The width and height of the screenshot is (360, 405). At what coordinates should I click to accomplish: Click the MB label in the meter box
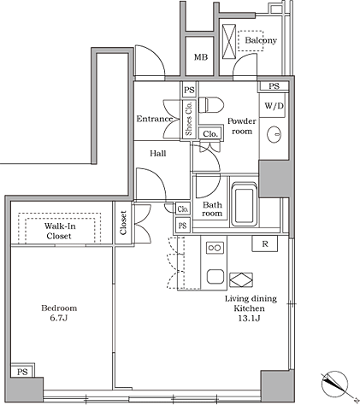[x=201, y=57]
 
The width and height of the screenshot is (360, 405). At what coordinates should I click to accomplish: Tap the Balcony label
[x=261, y=40]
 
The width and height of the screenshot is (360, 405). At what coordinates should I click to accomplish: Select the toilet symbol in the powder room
[x=211, y=105]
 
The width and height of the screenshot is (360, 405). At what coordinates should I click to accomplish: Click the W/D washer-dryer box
[x=273, y=106]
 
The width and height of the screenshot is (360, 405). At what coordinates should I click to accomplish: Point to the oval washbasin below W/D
[x=274, y=134]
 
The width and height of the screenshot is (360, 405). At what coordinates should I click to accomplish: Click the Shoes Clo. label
[x=189, y=119]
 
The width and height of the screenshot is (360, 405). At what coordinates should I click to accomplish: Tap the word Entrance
[x=155, y=119]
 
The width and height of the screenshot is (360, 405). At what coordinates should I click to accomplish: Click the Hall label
[x=158, y=154]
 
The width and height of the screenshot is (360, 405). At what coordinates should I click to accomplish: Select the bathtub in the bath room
[x=244, y=204]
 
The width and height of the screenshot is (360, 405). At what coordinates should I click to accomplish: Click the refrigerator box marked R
[x=265, y=244]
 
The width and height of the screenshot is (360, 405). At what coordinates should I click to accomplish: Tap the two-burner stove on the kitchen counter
[x=215, y=248]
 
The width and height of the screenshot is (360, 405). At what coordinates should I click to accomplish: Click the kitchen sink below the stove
[x=215, y=276]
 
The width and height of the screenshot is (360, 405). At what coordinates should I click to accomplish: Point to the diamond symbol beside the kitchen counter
[x=241, y=280]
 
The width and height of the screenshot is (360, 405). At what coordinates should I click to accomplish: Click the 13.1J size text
[x=249, y=318]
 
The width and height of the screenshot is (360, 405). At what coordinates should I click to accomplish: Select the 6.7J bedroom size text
[x=59, y=318]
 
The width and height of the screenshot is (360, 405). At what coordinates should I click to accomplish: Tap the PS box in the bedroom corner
[x=22, y=371]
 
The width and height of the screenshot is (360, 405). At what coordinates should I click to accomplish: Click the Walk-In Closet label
[x=59, y=231]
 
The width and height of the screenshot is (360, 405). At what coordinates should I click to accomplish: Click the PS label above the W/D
[x=274, y=86]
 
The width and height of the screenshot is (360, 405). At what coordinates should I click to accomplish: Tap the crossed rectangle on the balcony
[x=229, y=42]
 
